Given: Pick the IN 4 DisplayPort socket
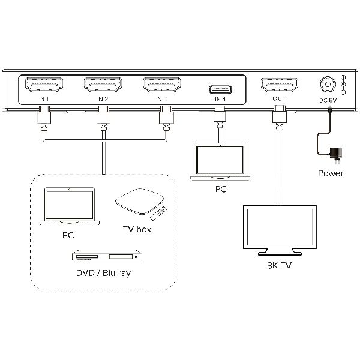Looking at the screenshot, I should click(220, 89).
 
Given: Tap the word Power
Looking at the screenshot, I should click(331, 174).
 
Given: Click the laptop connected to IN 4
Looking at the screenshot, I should click(220, 162).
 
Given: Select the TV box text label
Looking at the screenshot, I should click(136, 229).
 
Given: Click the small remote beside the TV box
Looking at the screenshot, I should click(158, 212).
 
